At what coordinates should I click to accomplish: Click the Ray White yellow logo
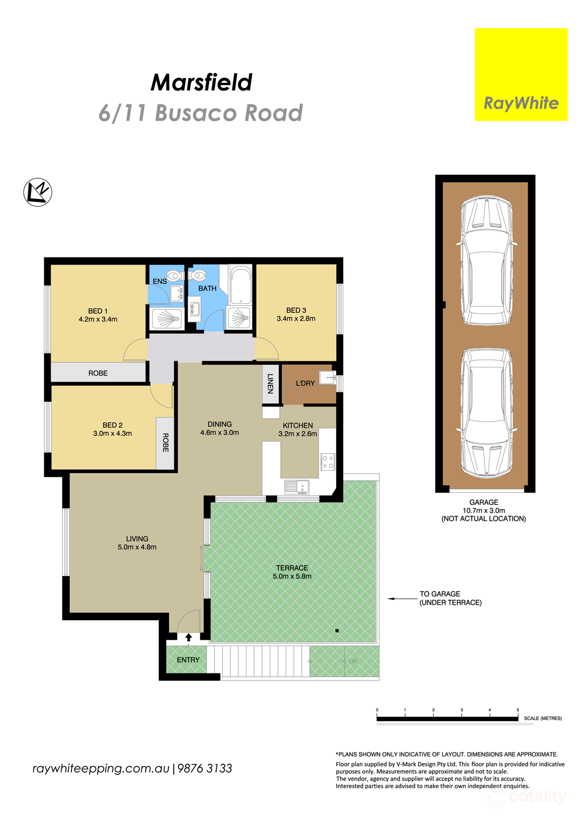click(x=521, y=75)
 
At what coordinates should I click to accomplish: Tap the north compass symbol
click(x=38, y=193)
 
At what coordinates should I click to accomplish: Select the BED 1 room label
click(x=97, y=311)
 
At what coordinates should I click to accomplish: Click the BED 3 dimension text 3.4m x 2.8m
click(x=296, y=319)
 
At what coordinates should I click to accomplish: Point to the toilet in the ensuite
click(x=174, y=275)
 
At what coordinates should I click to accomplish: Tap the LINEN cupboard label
click(x=270, y=383)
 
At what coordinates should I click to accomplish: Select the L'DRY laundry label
click(x=305, y=383)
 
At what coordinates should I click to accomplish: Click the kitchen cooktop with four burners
click(x=327, y=461)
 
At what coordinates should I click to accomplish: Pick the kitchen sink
click(x=296, y=487)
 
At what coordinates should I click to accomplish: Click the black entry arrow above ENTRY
click(x=188, y=637)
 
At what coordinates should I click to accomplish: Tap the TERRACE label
click(x=292, y=568)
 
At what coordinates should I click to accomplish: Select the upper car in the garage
click(x=486, y=260)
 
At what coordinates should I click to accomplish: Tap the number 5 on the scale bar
click(x=518, y=710)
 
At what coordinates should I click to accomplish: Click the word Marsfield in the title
click(x=201, y=82)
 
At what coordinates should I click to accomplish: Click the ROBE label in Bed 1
click(x=98, y=373)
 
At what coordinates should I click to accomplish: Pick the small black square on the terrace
click(x=337, y=631)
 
